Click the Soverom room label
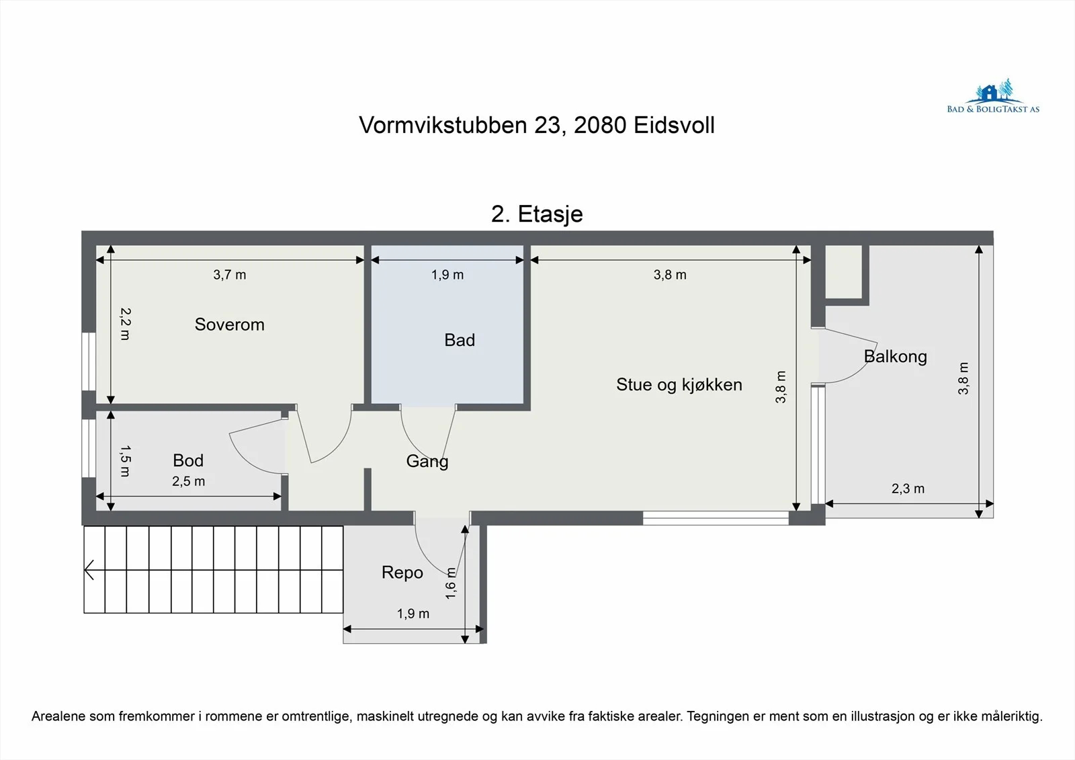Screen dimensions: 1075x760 [229, 325]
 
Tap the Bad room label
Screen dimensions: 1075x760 [460, 340]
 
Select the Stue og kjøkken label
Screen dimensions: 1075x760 [679, 384]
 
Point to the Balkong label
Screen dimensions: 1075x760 [896, 357]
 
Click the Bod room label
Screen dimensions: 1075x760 [188, 460]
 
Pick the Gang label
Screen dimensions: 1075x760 [427, 462]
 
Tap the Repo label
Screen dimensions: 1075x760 [402, 573]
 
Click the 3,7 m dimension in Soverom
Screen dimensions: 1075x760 [229, 275]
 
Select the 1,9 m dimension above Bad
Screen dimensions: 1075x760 [447, 275]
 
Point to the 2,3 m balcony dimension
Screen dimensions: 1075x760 [908, 489]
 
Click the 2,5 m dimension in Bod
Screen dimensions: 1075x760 [189, 481]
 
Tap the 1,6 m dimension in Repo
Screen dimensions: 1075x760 [451, 583]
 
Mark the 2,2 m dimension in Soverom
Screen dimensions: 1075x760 [125, 324]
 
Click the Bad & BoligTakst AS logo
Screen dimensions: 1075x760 [993, 97]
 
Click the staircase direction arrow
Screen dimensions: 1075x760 [89, 570]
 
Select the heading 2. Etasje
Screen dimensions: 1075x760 [537, 214]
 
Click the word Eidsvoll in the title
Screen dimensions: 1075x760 [675, 125]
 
